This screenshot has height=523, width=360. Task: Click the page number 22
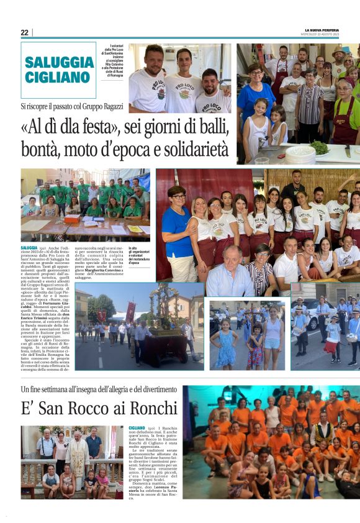click(24, 32)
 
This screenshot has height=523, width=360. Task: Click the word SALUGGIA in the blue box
click(60, 63)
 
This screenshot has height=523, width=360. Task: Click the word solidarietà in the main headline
click(192, 150)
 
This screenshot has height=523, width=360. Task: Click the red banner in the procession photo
click(130, 311)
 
